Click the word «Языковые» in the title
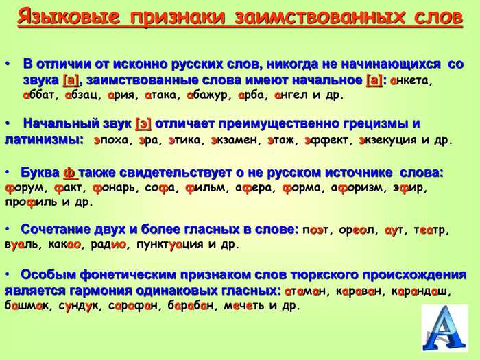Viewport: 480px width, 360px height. click(69, 17)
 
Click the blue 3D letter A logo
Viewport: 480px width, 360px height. click(445, 328)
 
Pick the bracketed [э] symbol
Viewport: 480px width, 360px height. click(143, 124)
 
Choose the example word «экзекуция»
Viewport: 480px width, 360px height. click(387, 141)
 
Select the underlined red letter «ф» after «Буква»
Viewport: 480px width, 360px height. click(70, 173)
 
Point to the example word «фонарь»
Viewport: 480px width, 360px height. click(113, 188)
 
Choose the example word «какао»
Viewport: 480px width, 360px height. click(64, 245)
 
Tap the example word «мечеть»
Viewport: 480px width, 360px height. click(244, 306)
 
